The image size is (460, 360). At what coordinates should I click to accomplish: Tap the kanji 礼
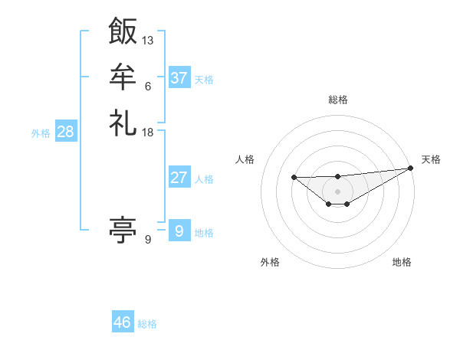pyautogui.click(x=123, y=122)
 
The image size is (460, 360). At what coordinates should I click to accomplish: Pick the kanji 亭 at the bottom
pyautogui.click(x=123, y=229)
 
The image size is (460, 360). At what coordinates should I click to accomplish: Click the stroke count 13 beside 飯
pyautogui.click(x=148, y=40)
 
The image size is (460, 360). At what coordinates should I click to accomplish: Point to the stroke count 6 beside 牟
pyautogui.click(x=147, y=86)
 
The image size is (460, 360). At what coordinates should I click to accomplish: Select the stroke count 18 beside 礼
pyautogui.click(x=148, y=132)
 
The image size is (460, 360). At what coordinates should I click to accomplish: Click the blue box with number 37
pyautogui.click(x=179, y=78)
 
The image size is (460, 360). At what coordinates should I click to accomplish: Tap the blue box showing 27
pyautogui.click(x=179, y=178)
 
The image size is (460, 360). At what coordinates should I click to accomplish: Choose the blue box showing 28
pyautogui.click(x=66, y=132)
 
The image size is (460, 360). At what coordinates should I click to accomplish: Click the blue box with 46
pyautogui.click(x=123, y=322)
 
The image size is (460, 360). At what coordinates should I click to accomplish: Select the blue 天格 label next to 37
pyautogui.click(x=204, y=80)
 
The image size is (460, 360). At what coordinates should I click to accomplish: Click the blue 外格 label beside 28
pyautogui.click(x=41, y=133)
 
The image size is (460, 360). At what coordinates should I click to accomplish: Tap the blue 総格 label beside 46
pyautogui.click(x=147, y=324)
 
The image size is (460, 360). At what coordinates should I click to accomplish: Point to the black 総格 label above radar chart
pyautogui.click(x=337, y=100)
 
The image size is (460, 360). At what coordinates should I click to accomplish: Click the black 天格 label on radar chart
pyautogui.click(x=431, y=159)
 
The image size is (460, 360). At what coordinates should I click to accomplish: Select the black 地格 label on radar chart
pyautogui.click(x=402, y=262)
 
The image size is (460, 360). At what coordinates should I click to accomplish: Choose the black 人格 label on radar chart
pyautogui.click(x=245, y=159)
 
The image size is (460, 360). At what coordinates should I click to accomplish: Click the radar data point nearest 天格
pyautogui.click(x=411, y=168)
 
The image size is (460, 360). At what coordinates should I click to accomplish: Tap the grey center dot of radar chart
pyautogui.click(x=337, y=191)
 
